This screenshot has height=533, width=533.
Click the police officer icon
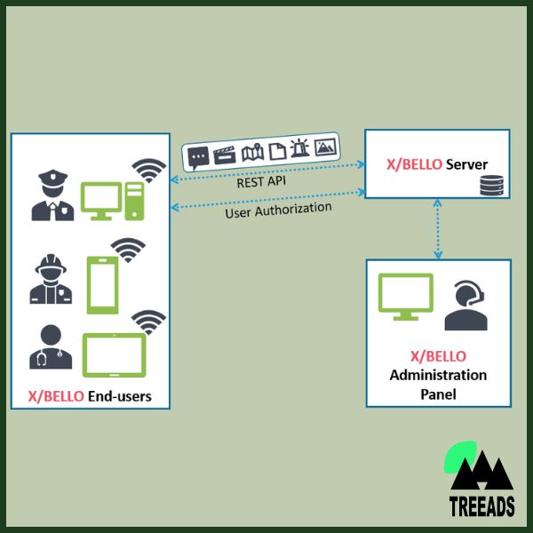[x=53, y=197]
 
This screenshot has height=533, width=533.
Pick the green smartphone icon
[x=101, y=284]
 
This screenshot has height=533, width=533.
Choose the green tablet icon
[x=115, y=355]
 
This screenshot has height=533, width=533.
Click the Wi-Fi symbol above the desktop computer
[x=148, y=170]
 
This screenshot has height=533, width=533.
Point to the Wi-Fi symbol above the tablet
[x=148, y=322]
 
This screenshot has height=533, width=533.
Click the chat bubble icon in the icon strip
[x=198, y=157]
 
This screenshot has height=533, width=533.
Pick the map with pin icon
[x=253, y=152]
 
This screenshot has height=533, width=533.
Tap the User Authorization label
[x=278, y=212]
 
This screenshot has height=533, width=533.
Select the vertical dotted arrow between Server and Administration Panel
[x=437, y=229]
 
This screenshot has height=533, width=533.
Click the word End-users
[x=119, y=396]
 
